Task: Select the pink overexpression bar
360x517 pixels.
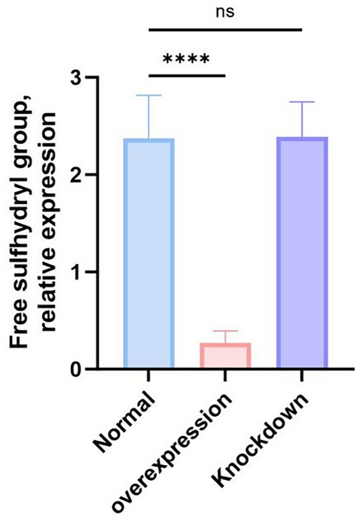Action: point(224,356)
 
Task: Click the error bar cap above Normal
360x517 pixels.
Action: point(149,95)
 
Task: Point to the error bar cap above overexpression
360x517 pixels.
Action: point(224,331)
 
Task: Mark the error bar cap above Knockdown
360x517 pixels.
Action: point(301,102)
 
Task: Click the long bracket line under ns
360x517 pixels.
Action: point(225,31)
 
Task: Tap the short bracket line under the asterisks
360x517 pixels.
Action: point(187,75)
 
